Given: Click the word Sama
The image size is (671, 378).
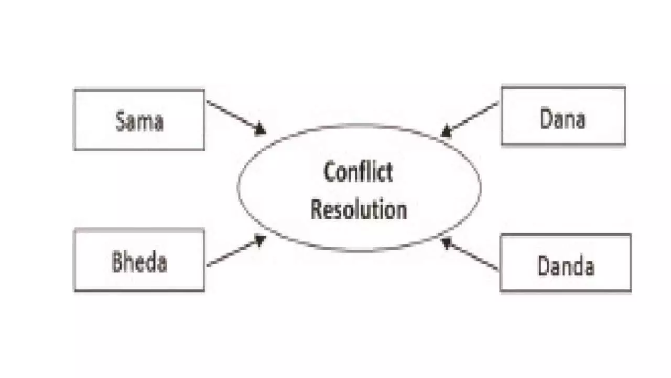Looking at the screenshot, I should pos(139,121).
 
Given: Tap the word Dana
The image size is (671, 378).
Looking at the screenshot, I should pos(562,119).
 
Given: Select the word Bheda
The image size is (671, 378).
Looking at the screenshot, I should pos(139,262).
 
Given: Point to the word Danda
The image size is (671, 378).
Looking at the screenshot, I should pos(565,266).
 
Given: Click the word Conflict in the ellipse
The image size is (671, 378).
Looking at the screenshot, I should pos(359,172).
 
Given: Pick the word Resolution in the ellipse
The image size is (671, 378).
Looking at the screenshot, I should pos(359,209).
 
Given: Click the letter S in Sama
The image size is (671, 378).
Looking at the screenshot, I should pos(120,121).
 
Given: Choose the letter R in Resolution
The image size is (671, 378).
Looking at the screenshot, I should pos(316,209).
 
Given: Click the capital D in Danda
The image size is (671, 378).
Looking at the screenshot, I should pos(543,266).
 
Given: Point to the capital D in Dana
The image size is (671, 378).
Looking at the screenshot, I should pos(546,119).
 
